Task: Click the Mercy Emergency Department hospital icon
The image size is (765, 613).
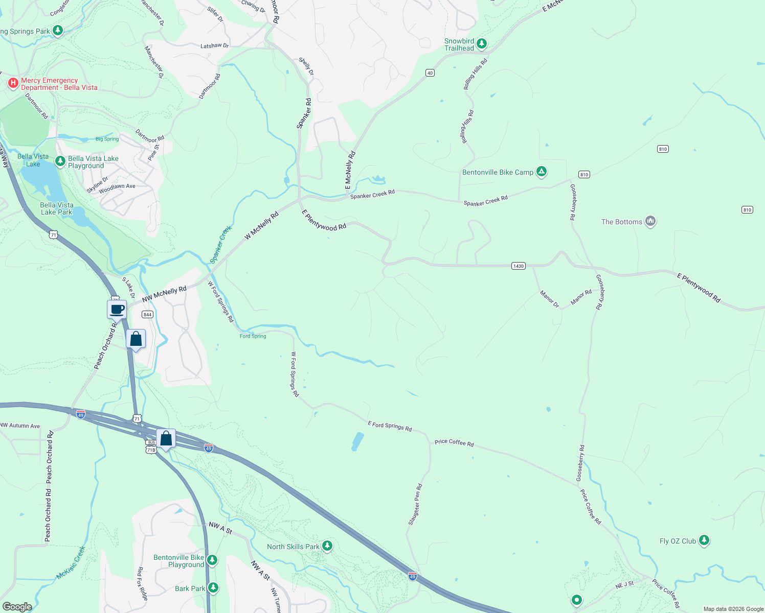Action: click(13, 83)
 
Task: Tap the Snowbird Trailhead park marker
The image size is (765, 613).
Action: click(481, 44)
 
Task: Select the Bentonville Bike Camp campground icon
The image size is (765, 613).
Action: click(541, 172)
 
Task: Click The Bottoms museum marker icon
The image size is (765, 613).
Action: click(650, 221)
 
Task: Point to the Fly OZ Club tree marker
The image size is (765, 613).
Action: click(704, 540)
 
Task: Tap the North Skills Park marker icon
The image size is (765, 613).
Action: click(327, 546)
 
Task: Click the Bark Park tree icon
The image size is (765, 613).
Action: click(213, 588)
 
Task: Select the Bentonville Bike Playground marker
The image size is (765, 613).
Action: click(212, 560)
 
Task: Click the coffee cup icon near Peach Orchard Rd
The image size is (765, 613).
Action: click(117, 309)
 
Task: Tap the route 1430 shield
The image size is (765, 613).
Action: click(519, 266)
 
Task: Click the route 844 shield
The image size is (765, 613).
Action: click(148, 315)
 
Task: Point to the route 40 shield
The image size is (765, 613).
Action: click(430, 73)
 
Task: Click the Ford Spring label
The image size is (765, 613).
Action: click(253, 336)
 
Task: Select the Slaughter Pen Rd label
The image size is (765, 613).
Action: click(415, 504)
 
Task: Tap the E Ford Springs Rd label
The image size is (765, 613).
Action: click(390, 426)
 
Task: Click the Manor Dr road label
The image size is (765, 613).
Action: click(550, 299)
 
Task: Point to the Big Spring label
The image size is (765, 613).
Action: click(107, 139)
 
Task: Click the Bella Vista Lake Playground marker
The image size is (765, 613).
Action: click(60, 161)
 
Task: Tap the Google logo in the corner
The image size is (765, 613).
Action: click(17, 607)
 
